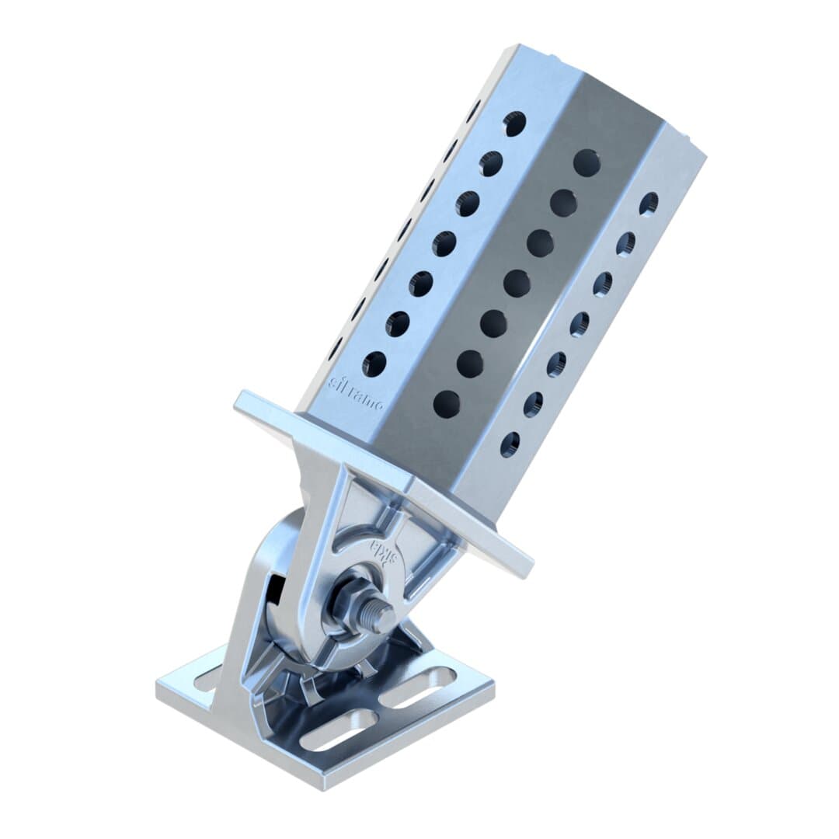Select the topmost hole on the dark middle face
(x=587, y=162)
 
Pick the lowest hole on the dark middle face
(x=447, y=402)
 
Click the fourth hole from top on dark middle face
(x=517, y=283)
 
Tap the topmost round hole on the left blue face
(x=514, y=123)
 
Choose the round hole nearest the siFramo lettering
(x=374, y=364)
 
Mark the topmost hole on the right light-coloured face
(x=648, y=204)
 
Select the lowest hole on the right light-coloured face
(x=510, y=444)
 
